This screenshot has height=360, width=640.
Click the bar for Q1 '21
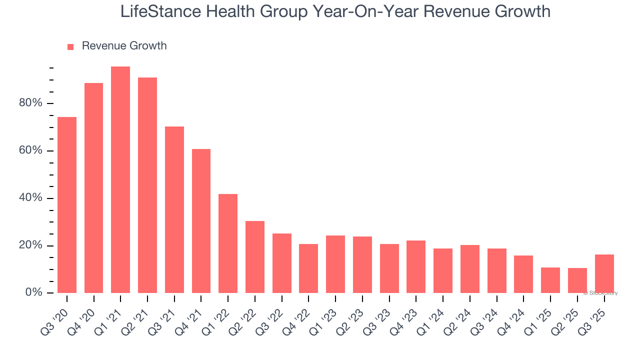[x=120, y=180]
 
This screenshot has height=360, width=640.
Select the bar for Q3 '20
[x=67, y=205]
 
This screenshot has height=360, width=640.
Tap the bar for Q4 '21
[x=201, y=221]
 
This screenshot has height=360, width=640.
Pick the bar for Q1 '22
[x=228, y=243]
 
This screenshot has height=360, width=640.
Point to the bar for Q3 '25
[x=604, y=274]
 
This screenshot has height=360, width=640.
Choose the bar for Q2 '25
[x=577, y=280]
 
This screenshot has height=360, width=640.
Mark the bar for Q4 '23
[x=416, y=267]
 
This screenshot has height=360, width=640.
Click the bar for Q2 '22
[x=255, y=257]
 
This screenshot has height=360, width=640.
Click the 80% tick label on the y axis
[x=30, y=103]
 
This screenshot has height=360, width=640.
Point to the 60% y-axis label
[x=30, y=150]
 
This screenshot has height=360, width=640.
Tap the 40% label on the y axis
[x=30, y=198]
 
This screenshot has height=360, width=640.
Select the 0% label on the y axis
[x=33, y=292]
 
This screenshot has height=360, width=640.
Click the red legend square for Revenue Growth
[x=70, y=46]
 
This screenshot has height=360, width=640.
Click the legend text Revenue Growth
[x=124, y=46]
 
